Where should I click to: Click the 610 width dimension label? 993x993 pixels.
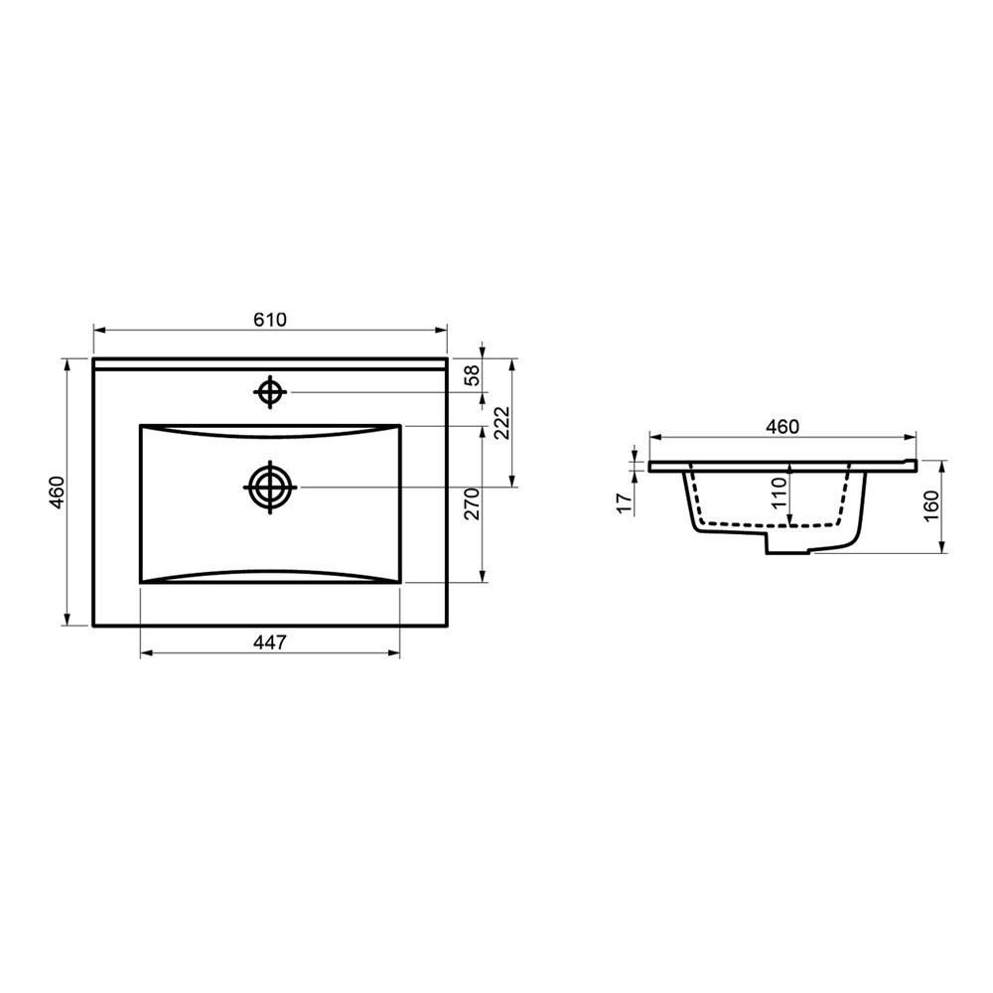(270, 320)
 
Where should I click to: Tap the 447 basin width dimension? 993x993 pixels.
(270, 642)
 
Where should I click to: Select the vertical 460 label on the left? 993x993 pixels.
(57, 493)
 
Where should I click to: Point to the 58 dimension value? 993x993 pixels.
(473, 375)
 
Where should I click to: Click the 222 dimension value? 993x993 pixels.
(501, 423)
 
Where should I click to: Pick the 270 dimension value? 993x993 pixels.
(473, 503)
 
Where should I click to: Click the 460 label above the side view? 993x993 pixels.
(782, 427)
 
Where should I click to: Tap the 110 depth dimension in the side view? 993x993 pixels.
(779, 493)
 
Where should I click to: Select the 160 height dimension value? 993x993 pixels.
(931, 506)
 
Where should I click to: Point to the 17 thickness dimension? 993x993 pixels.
(625, 503)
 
